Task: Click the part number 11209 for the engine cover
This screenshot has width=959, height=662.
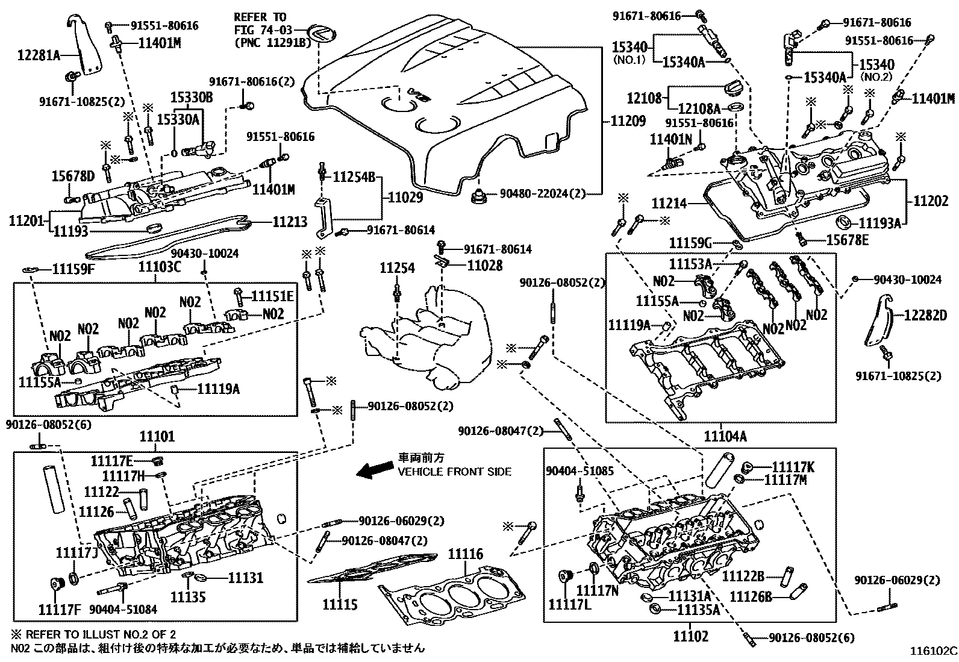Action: [629, 121]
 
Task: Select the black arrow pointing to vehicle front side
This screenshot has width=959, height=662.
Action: [373, 470]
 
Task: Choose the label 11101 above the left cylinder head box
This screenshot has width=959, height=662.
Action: [157, 436]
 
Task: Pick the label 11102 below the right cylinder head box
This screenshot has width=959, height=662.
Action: [690, 635]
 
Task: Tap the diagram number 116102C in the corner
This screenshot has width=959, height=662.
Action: [932, 651]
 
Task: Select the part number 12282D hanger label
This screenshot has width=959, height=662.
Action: [925, 314]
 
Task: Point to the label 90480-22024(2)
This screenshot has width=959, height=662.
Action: [542, 194]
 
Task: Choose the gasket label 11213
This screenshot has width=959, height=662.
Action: [290, 222]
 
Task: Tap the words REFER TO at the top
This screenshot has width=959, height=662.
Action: [260, 17]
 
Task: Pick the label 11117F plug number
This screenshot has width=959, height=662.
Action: [60, 609]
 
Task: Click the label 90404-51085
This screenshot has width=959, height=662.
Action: [580, 470]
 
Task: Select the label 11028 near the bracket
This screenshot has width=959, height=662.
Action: [485, 265]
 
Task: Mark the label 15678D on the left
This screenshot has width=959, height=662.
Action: [72, 175]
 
